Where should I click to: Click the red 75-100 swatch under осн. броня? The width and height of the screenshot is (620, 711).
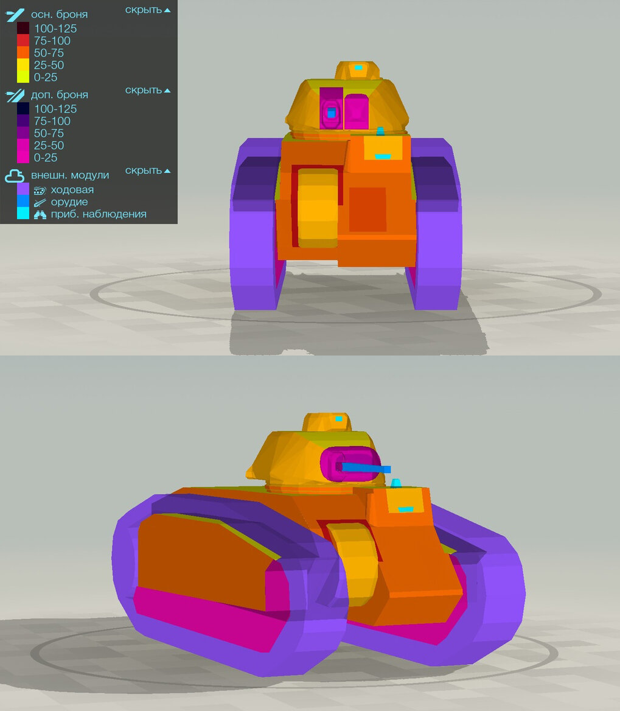point(23,40)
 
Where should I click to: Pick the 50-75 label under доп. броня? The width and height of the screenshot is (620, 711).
point(49,133)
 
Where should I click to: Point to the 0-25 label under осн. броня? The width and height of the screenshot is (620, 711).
point(46,77)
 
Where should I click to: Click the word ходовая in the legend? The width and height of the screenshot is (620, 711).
point(72,189)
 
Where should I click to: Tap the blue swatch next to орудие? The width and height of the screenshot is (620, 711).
point(23,201)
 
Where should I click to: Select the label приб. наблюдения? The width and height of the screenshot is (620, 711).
point(99,214)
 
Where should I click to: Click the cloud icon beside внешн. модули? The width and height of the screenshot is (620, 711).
point(15,175)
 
